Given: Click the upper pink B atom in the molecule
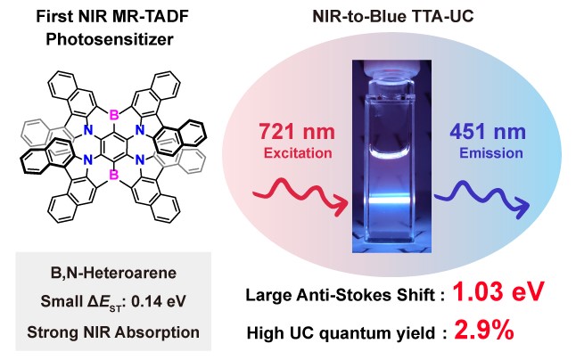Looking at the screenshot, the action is coord(114,116).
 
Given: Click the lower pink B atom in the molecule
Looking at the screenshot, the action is coord(114,175).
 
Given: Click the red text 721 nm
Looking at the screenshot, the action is coord(297,131).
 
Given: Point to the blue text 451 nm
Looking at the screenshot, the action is coord(488,131).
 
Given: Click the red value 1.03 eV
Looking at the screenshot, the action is coord(498,291).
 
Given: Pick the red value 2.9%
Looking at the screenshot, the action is coord(484,330).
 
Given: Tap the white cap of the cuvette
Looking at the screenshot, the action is coord(391,68).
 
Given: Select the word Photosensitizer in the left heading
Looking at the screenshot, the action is coord(110,39).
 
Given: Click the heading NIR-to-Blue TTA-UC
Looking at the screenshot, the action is coord(392,16).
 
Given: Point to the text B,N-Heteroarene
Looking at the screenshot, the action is coord(113,273).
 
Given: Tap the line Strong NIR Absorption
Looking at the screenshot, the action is coord(113,332).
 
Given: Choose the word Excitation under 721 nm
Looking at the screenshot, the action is coord(298,152).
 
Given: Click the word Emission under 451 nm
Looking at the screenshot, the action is coord(491,152).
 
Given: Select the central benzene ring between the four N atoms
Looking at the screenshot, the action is coord(114,145).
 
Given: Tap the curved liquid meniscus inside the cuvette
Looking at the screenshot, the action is coord(390,153).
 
